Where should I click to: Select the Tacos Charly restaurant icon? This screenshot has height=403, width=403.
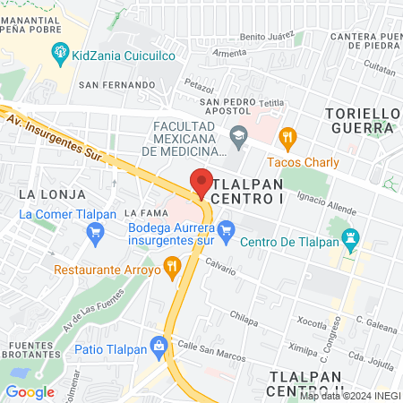287,137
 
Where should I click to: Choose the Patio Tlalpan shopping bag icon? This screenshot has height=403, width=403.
159,345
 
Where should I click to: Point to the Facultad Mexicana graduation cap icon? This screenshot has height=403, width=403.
238,138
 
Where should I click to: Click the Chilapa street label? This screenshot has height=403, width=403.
243,316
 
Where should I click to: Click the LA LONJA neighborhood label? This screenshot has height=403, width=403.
39,193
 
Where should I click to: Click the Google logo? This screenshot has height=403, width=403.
30,391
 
